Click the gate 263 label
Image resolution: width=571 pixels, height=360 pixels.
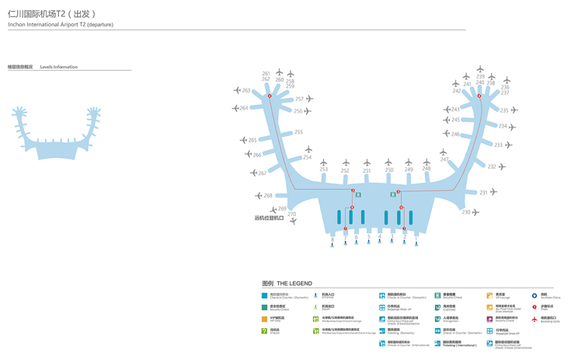click(246, 91)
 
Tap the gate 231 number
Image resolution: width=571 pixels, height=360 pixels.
click(483, 192)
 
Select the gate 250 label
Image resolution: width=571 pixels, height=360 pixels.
click(389, 170)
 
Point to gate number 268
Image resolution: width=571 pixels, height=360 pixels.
click(268, 196)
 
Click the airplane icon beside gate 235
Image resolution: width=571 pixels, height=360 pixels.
click(514, 110)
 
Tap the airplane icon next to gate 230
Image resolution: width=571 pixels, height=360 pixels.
click(475, 212)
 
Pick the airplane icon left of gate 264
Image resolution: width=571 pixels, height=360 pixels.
click(235, 109)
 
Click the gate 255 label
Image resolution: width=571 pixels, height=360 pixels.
click(298, 132)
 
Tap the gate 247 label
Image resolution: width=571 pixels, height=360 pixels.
click(444, 159)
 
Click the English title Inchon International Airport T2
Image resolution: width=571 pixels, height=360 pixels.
click(61, 25)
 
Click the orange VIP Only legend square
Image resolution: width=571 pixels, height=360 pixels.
click(265, 319)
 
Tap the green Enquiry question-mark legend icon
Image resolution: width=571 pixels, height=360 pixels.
click(265, 330)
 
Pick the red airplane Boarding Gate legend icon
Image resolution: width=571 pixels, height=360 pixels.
click(534, 319)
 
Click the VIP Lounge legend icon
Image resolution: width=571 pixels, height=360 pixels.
click(490, 295)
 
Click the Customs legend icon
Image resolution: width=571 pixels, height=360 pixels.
click(437, 307)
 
